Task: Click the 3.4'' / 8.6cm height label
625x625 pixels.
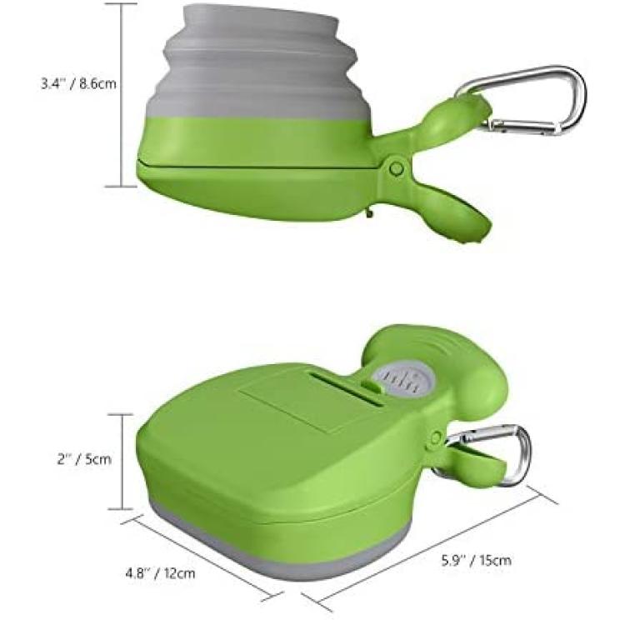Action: pos(79,84)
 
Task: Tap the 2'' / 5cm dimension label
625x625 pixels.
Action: pos(84,459)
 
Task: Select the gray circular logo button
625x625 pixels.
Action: pos(403,379)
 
